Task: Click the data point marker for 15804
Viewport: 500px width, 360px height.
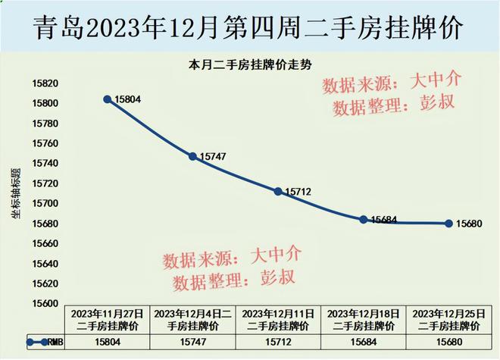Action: (108, 99)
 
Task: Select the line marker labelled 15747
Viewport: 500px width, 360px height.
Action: (193, 156)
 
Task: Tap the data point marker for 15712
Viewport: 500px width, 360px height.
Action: (278, 191)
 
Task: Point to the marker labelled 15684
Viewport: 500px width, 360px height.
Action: (364, 219)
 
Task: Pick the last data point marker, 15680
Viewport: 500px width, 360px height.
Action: (448, 224)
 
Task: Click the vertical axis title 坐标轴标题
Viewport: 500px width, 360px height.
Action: (16, 194)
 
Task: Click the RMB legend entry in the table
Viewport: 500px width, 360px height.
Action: (45, 342)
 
